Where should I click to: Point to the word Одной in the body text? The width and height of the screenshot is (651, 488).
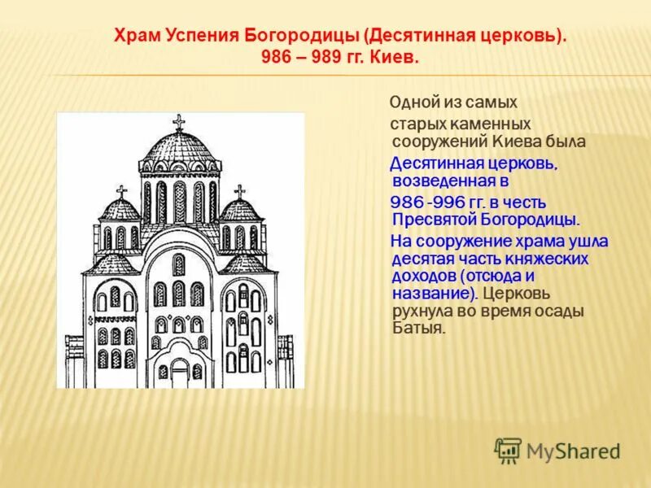point(413,102)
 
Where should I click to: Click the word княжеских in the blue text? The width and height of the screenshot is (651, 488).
point(553,258)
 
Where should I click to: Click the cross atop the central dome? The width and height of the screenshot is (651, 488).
point(179,122)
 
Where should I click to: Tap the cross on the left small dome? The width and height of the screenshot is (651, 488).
point(122,192)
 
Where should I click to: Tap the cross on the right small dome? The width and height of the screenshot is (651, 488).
point(239,192)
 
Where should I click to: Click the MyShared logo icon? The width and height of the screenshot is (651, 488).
point(508,450)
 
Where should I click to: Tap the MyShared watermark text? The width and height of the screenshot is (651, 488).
point(573,451)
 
